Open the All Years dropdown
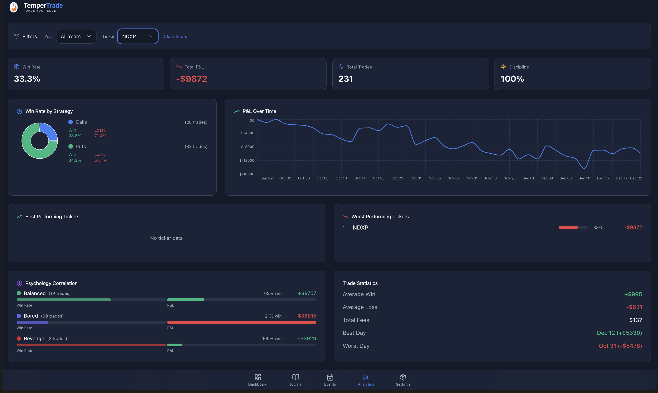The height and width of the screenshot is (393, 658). click(76, 36)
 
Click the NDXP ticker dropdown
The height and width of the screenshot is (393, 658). click(137, 36)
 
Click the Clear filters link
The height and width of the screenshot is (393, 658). click(175, 37)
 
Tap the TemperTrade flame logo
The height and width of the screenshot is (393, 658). click(14, 7)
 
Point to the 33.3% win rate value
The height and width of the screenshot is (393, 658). click(27, 79)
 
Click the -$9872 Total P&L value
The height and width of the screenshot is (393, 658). click(191, 79)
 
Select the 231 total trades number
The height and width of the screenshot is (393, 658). click(345, 79)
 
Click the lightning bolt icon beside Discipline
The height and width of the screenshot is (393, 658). click(503, 67)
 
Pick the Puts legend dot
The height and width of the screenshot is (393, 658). click(71, 146)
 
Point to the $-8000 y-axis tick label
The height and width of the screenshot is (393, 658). click(247, 147)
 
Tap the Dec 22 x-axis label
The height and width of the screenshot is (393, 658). click(636, 178)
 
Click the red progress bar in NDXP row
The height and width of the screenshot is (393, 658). click(568, 227)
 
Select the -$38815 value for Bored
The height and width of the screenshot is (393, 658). click(306, 316)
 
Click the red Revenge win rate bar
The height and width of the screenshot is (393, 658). click(91, 345)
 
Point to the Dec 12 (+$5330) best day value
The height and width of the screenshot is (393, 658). click(619, 333)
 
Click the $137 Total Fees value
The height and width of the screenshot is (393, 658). click(636, 320)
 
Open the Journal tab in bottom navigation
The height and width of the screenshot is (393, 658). click(295, 380)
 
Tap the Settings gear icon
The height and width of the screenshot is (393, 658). click(403, 377)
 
